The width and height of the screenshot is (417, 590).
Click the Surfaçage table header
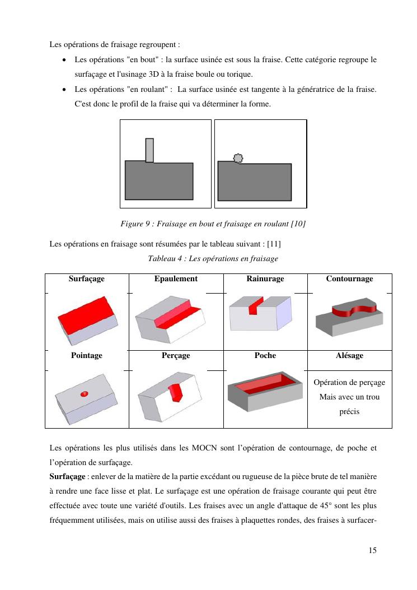pyautogui.click(x=87, y=278)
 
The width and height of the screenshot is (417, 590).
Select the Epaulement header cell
pyautogui.click(x=176, y=278)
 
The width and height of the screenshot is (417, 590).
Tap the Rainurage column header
pyautogui.click(x=265, y=278)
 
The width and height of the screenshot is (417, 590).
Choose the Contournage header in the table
pyautogui.click(x=350, y=278)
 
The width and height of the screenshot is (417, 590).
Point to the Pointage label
pyautogui.click(x=87, y=355)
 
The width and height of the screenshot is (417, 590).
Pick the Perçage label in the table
pyautogui.click(x=176, y=355)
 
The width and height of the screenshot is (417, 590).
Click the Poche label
pyautogui.click(x=265, y=355)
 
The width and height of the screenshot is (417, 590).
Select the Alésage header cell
pyautogui.click(x=350, y=355)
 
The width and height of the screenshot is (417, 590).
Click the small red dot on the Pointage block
pyautogui.click(x=85, y=394)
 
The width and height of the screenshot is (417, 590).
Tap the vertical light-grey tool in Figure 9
pyautogui.click(x=149, y=150)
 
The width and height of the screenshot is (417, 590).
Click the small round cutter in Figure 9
pyautogui.click(x=238, y=159)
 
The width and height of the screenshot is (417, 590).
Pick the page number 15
pyautogui.click(x=373, y=550)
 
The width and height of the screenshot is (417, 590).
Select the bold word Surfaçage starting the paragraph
pyautogui.click(x=65, y=476)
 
